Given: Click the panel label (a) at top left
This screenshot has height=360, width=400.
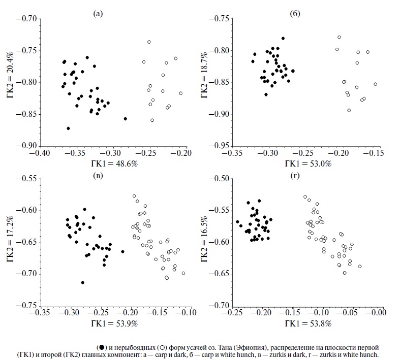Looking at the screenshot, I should point(99,14).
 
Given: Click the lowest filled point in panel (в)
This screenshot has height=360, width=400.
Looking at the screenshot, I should point(82,282).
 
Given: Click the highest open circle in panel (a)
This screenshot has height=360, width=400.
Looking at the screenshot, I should point(149,42).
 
